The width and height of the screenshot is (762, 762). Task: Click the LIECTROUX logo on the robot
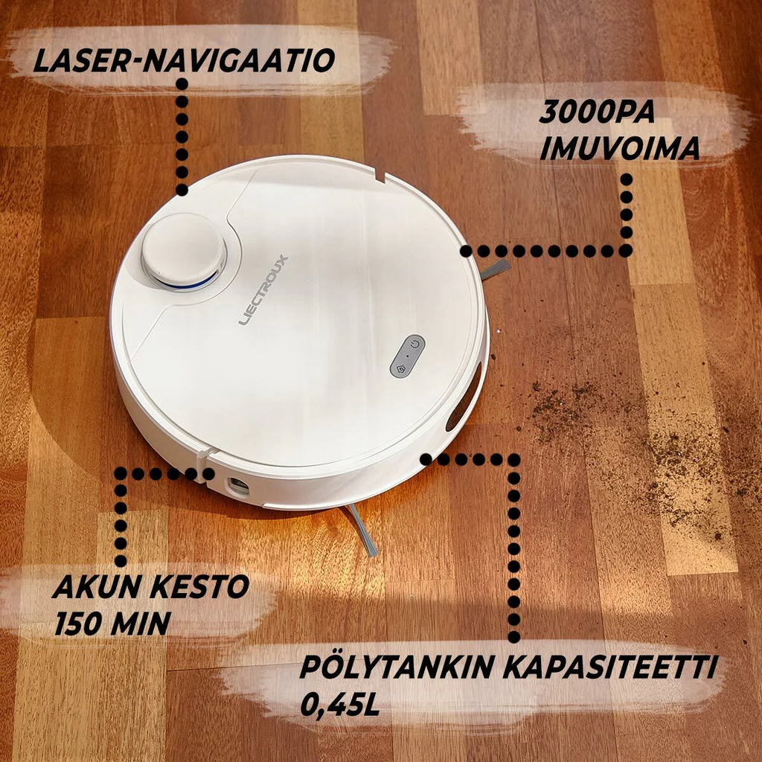coord(263,290)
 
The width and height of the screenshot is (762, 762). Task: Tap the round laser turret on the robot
coord(184,251)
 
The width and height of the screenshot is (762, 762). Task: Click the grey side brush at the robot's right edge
coord(495,269)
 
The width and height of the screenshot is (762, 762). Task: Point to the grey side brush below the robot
coord(361,529)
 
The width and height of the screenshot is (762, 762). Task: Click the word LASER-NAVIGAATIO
coord(185,61)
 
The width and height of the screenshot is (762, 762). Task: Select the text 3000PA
coord(597,112)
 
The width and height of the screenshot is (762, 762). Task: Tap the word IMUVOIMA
coord(620,148)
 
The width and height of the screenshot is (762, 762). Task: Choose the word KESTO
coord(199,586)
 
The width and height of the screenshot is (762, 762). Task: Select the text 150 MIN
coord(112,623)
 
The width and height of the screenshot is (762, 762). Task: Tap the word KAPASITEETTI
coord(610,667)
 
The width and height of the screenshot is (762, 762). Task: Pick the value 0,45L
coord(339,705)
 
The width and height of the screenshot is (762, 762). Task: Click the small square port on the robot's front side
coord(238,486)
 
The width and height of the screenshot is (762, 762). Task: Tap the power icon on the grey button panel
coord(414,345)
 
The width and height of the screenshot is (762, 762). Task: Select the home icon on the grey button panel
coord(401,369)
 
